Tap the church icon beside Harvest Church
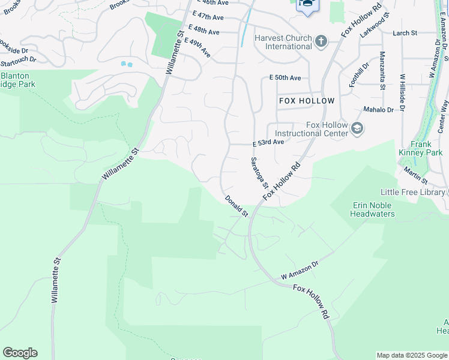click(321, 41)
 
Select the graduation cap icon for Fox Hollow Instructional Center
click(357, 128)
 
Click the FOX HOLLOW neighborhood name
click(307, 101)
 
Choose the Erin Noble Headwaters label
click(372, 209)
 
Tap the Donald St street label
click(237, 206)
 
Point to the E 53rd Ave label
click(268, 143)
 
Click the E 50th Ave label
click(285, 78)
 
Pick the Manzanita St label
click(382, 71)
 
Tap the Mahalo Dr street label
click(379, 110)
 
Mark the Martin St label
click(415, 176)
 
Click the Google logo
click(20, 353)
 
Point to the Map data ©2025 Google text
click(411, 355)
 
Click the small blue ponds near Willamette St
click(126, 64)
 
